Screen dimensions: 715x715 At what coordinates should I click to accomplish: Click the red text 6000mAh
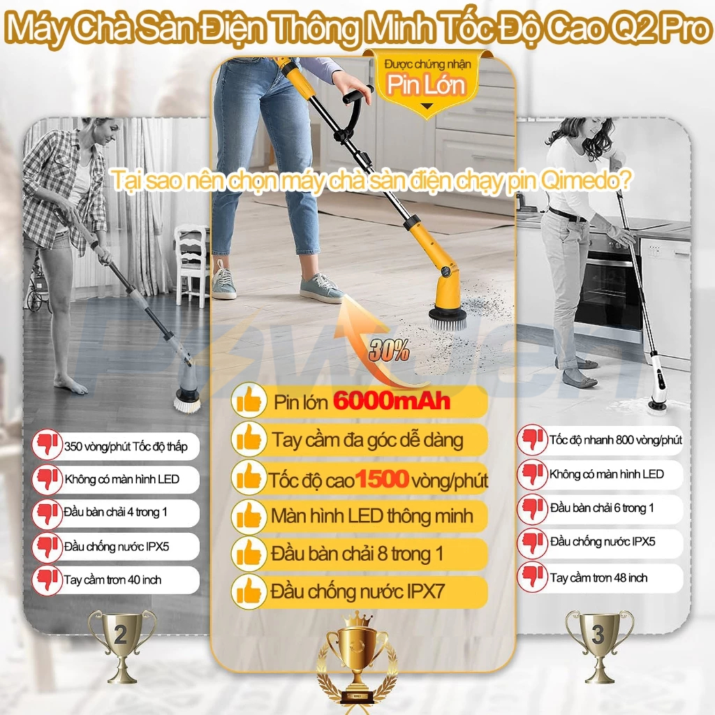(x=391, y=401)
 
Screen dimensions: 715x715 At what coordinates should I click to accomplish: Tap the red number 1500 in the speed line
(x=382, y=479)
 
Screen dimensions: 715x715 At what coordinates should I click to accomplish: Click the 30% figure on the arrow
(x=388, y=351)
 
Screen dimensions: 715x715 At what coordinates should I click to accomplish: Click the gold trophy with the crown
(x=357, y=661)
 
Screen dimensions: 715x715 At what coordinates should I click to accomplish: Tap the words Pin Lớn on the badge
(x=427, y=84)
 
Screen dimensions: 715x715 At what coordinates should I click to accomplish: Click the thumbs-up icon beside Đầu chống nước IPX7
(x=249, y=592)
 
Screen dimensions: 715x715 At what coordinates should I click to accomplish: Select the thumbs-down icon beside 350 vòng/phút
(x=47, y=445)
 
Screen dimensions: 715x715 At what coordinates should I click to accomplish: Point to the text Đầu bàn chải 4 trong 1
(x=115, y=512)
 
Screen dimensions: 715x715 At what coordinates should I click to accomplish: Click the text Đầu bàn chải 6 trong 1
(x=602, y=508)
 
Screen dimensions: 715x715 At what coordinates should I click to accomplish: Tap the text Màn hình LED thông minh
(x=372, y=516)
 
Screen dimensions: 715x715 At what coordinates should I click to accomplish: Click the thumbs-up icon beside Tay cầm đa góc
(x=249, y=438)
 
